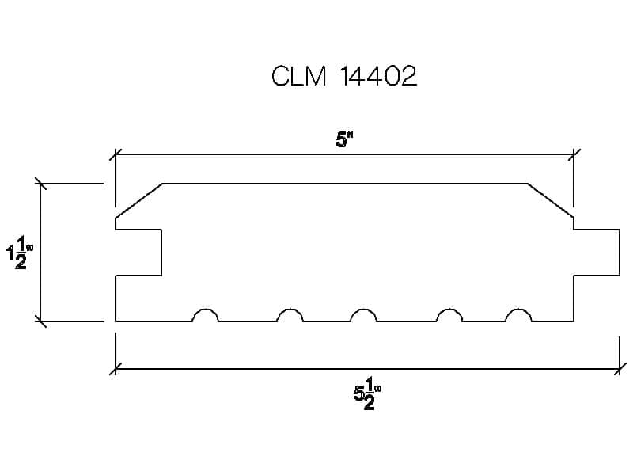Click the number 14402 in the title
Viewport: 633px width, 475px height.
click(x=377, y=77)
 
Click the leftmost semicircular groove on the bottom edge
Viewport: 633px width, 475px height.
click(x=206, y=316)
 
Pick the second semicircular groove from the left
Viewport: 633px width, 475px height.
click(x=290, y=316)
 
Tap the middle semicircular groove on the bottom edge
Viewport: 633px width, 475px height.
click(x=364, y=316)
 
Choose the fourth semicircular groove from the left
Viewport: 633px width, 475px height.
click(x=450, y=316)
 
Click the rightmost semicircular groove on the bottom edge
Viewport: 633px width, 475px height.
click(x=519, y=316)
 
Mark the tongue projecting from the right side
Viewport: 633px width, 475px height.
click(x=597, y=252)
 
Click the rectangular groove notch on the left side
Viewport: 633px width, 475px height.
click(x=139, y=252)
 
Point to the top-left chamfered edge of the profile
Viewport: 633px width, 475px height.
click(x=139, y=200)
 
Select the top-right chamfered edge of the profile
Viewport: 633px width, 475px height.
click(x=551, y=200)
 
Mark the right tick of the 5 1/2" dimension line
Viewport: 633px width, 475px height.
click(x=620, y=368)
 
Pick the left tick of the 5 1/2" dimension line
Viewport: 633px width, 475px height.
click(x=116, y=368)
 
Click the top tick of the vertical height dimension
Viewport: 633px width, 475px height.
click(x=40, y=184)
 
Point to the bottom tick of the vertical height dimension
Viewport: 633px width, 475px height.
click(x=40, y=321)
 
